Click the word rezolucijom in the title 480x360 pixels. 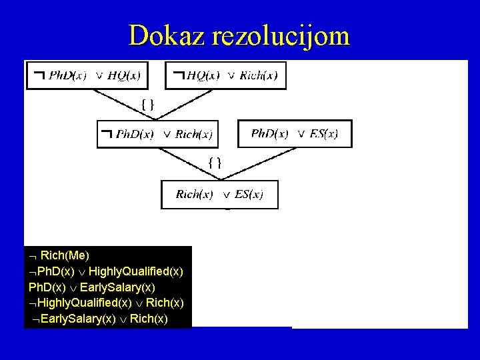280,35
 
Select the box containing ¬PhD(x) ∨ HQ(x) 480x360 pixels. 87,75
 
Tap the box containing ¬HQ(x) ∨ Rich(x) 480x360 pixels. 225,75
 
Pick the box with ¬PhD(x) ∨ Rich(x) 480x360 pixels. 157,134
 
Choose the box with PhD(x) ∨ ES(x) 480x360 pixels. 294,133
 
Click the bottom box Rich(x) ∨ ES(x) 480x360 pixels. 219,195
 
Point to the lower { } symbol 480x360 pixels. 215,161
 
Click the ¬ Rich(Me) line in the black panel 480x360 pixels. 60,255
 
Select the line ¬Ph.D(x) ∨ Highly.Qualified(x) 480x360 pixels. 106,271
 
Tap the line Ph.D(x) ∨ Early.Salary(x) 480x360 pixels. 92,287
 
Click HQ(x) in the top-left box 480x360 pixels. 124,75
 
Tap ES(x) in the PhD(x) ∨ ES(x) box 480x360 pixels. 323,133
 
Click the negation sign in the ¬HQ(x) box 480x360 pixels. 179,75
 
